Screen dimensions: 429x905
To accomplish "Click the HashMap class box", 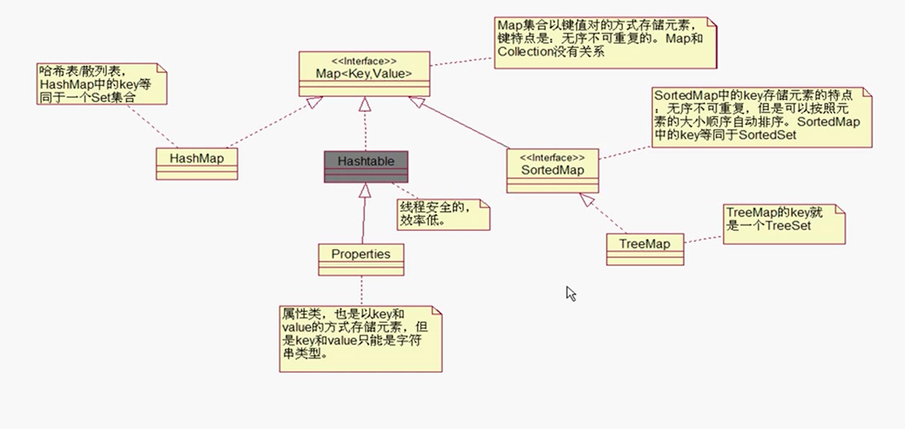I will pos(197,159).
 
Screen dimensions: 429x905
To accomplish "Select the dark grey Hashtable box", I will pos(365,161).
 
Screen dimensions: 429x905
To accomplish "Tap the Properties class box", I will pos(361,254).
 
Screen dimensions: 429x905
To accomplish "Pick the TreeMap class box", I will pos(645,244).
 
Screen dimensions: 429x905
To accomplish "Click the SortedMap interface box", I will pos(552,170).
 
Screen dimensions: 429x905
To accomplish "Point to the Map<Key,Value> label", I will pos(364,73).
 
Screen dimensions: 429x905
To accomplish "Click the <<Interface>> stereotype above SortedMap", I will pos(552,158).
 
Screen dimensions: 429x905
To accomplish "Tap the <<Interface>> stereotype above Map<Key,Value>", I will pos(364,62).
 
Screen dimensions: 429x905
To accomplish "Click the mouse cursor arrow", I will pos(570,293).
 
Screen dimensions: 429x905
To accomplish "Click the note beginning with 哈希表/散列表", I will pos(101,83).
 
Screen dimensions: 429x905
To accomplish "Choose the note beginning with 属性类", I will pos(360,338).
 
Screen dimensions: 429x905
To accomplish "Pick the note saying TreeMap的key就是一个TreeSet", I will pos(784,225).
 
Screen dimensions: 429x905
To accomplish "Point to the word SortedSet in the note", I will pos(767,135).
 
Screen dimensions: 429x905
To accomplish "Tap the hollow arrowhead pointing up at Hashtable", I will pos(365,190).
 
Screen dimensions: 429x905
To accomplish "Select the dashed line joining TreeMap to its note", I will pos(704,239).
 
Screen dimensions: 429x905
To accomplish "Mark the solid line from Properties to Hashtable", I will pos(364,219).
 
